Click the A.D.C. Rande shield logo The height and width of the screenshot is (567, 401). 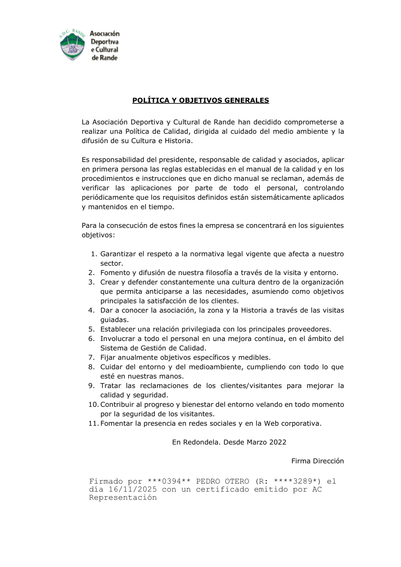point(72,45)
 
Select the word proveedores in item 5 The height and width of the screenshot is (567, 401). point(309,329)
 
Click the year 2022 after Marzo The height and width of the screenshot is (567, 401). point(277,442)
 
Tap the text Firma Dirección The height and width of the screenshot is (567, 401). point(317,461)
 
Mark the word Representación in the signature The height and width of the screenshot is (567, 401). point(123,498)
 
